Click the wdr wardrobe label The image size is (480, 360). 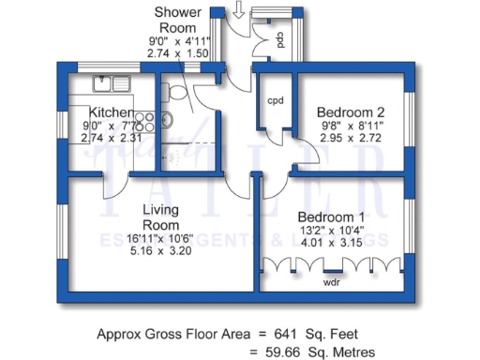[x=331, y=280]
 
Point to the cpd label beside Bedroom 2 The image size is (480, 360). [x=276, y=100]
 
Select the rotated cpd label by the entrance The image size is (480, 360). [x=280, y=39]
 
